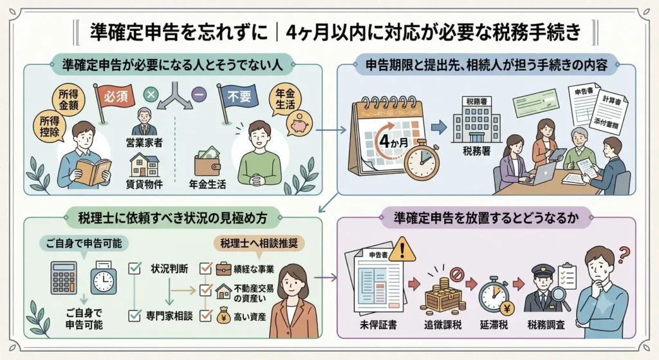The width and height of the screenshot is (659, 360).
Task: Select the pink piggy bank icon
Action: (300, 123)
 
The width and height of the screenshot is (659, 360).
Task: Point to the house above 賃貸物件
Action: (144, 166)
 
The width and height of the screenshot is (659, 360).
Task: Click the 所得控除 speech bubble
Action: (49, 127)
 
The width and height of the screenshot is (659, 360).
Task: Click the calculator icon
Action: (64, 278)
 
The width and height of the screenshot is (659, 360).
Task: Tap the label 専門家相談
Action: (169, 316)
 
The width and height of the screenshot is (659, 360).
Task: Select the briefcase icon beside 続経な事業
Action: (223, 269)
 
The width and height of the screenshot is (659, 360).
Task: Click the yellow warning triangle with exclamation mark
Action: (402, 250)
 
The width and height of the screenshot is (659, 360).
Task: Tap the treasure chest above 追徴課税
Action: (443, 294)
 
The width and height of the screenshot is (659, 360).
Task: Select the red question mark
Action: (624, 254)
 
